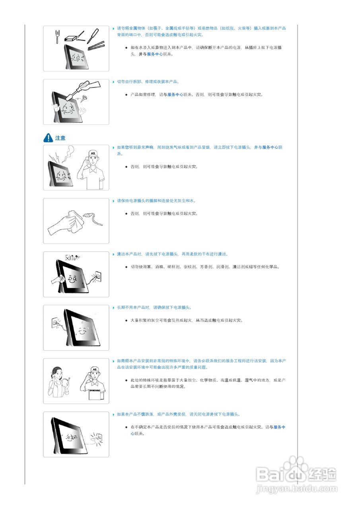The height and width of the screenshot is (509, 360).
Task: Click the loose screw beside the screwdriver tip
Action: [x=83, y=98]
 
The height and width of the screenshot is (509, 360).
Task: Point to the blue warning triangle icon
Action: [x=48, y=138]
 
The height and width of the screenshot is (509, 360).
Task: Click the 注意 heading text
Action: [x=60, y=138]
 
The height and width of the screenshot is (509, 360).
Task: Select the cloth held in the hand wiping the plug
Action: [x=76, y=221]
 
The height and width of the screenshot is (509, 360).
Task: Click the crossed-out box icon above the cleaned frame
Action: [x=67, y=257]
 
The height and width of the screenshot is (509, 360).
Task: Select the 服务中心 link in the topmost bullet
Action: [x=155, y=54]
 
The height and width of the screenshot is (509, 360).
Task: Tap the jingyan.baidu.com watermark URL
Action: [x=297, y=488]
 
